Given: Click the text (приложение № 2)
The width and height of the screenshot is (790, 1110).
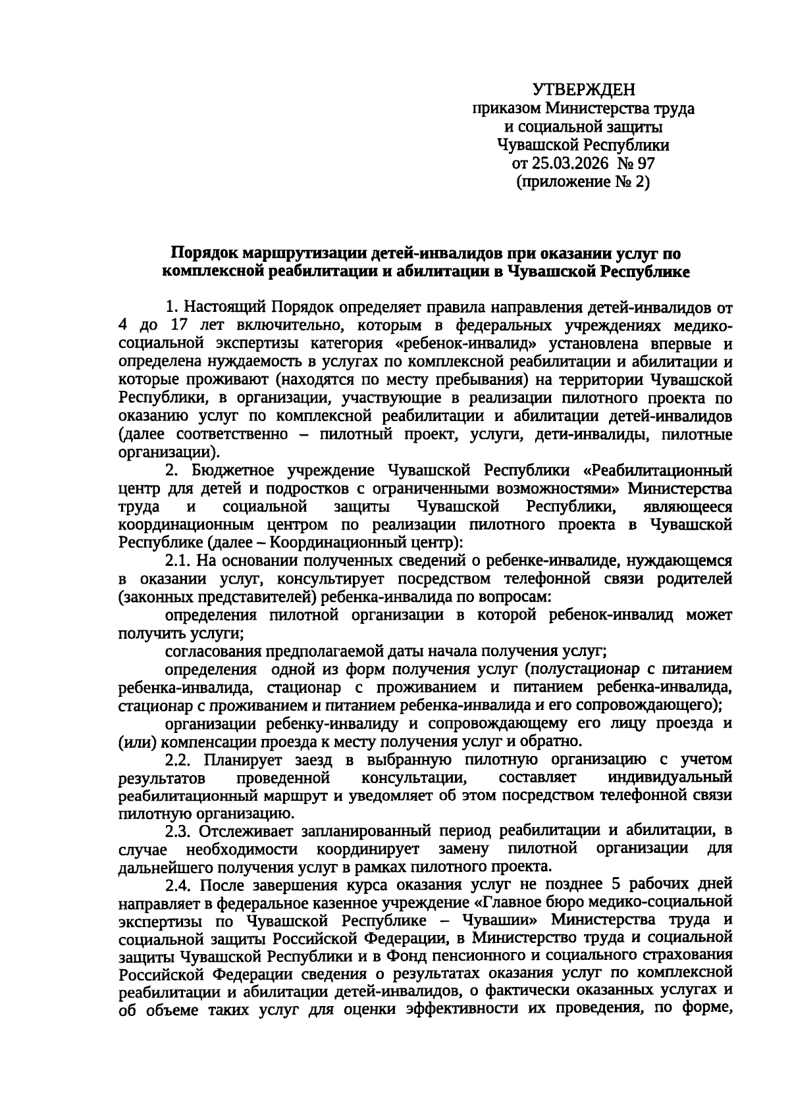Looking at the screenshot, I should pos(583,182).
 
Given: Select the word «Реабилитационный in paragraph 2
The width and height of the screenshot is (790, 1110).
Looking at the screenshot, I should pos(658,471).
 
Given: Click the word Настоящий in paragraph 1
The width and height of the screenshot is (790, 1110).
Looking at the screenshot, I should pos(224,307).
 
